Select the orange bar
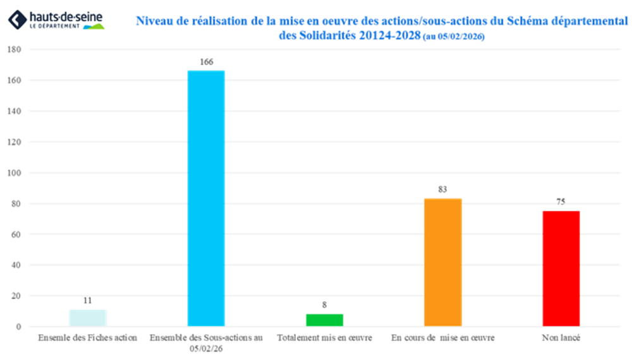click(442, 261)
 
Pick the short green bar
click(324, 319)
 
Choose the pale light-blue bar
click(88, 316)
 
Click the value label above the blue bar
click(206, 62)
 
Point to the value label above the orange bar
click(442, 189)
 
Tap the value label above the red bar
click(561, 201)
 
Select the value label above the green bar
click(324, 304)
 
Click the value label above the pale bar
click(88, 301)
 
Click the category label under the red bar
click(561, 338)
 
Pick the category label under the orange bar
click(442, 338)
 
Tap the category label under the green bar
click(324, 338)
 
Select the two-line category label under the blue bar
click(206, 342)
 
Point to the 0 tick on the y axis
click(18, 327)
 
